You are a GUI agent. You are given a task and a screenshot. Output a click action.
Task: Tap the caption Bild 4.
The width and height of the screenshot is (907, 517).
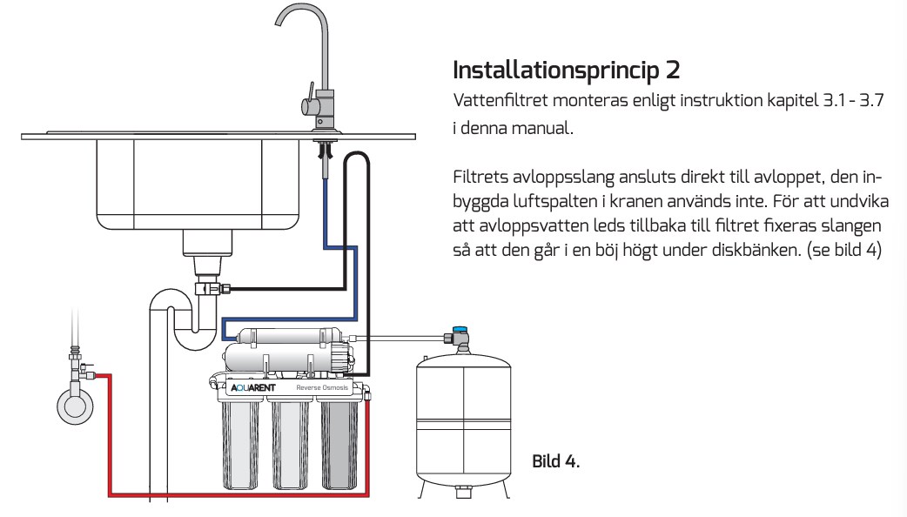click(x=555, y=460)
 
